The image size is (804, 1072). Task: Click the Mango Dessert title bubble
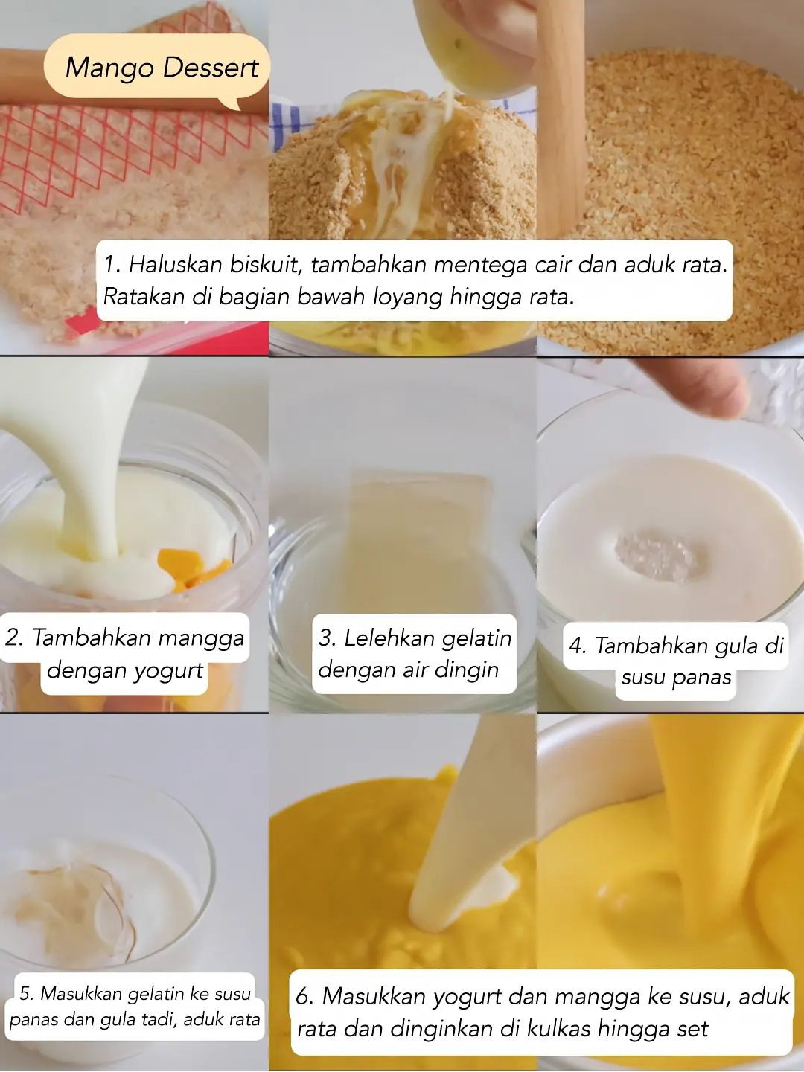[x=160, y=68]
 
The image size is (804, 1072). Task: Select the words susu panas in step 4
[x=676, y=678]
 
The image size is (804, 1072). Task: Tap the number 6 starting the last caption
[x=304, y=996]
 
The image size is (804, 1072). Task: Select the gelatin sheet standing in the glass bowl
[x=421, y=513]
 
